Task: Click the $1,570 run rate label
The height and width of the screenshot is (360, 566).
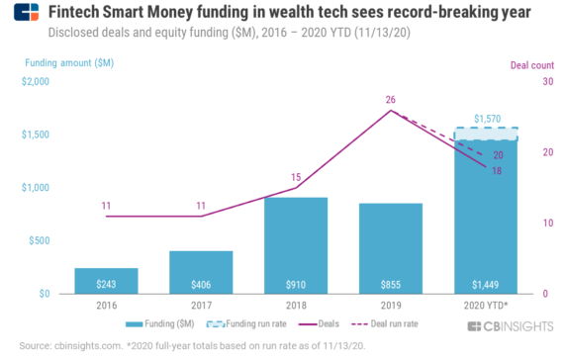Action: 488,119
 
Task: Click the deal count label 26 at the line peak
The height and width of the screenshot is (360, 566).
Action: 391,100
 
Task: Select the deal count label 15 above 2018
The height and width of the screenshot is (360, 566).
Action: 296,177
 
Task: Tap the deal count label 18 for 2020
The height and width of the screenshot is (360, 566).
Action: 498,170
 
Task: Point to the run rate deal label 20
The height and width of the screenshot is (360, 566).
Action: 498,155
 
